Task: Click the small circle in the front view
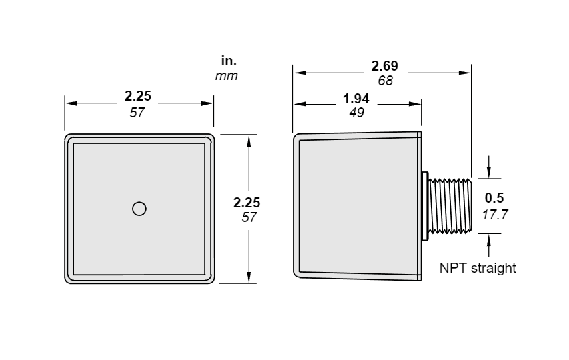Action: [139, 209]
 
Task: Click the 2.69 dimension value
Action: [385, 66]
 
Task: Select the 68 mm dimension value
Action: [385, 81]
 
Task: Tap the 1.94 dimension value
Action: [356, 99]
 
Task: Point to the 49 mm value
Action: [356, 113]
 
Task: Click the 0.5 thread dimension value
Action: [494, 198]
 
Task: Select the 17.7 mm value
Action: [495, 215]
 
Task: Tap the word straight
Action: [493, 268]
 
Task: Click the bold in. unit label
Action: [229, 61]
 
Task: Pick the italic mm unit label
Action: [227, 76]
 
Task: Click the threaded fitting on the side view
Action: [450, 205]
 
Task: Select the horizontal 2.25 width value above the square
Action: [138, 96]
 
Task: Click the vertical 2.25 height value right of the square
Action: [247, 203]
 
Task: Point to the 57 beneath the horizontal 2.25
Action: [137, 113]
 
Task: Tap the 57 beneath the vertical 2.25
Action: [249, 217]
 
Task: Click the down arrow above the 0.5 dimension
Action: [489, 167]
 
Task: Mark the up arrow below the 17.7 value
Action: [489, 245]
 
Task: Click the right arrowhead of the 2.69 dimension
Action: [465, 73]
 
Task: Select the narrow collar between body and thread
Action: [425, 205]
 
